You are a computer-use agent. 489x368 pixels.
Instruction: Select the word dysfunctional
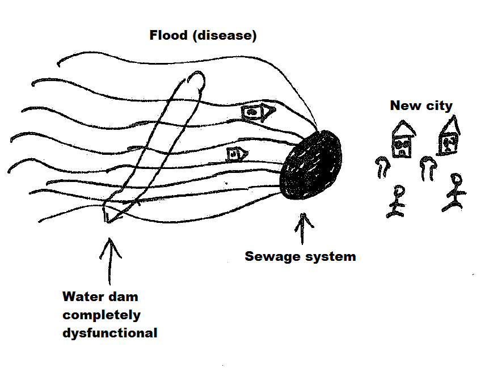pyautogui.click(x=109, y=333)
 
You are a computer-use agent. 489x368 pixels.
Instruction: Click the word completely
pyautogui.click(x=102, y=315)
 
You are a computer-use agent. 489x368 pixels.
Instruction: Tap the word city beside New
pyautogui.click(x=439, y=106)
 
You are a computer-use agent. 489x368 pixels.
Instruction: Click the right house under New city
pyautogui.click(x=449, y=136)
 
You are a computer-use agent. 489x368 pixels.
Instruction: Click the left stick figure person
pyautogui.click(x=397, y=201)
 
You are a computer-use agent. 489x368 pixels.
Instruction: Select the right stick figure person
pyautogui.click(x=455, y=192)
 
